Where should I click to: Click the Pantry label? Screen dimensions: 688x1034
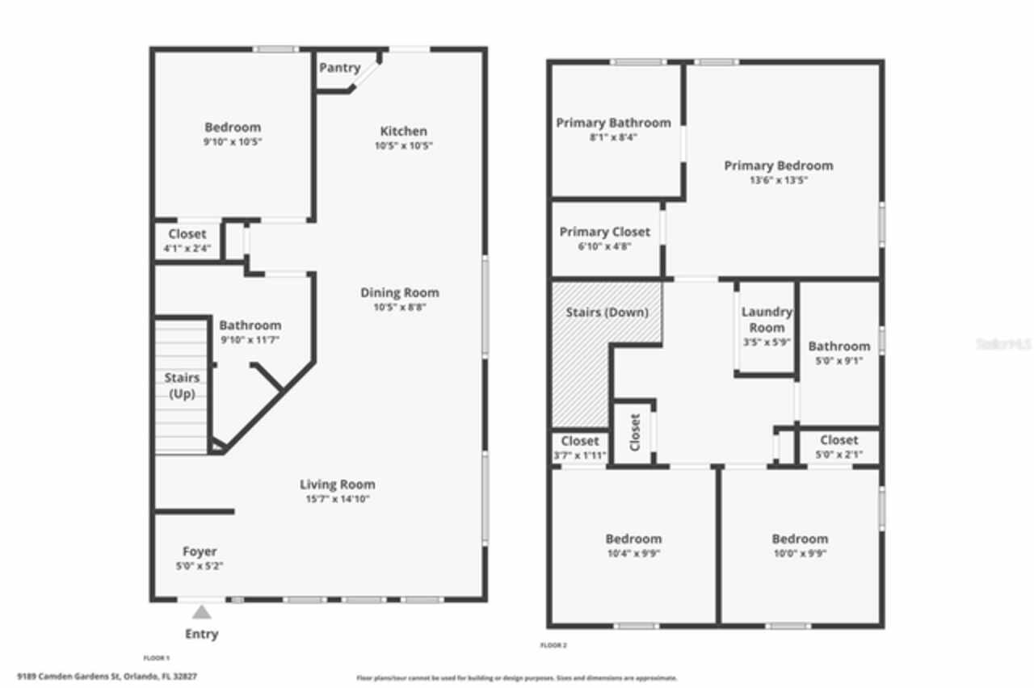click(x=339, y=68)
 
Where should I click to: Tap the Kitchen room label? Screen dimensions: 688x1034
click(x=403, y=131)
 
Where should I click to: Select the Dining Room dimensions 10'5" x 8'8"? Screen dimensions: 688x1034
click(x=399, y=308)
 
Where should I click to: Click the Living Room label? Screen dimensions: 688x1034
click(x=337, y=485)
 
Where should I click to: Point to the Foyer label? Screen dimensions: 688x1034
click(x=199, y=552)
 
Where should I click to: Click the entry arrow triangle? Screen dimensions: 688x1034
click(x=201, y=612)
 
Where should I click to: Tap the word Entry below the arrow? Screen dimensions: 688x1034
click(x=201, y=634)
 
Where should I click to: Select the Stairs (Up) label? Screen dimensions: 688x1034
click(x=182, y=385)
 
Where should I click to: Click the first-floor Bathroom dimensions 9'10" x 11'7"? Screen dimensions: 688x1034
click(x=250, y=340)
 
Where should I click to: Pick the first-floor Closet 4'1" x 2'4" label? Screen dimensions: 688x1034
click(x=187, y=234)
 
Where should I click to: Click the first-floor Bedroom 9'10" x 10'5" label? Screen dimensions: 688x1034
click(x=233, y=128)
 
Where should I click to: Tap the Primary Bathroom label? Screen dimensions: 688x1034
click(x=613, y=123)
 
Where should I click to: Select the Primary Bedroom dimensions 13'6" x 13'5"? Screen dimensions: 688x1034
click(x=778, y=180)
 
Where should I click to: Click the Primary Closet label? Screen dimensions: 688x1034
click(x=604, y=232)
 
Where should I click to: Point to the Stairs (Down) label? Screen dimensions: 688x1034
click(x=606, y=312)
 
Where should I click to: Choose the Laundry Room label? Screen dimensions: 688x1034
click(x=766, y=319)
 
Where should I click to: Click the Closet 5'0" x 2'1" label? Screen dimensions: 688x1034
click(x=839, y=440)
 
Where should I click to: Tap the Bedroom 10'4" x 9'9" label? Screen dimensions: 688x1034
click(x=633, y=539)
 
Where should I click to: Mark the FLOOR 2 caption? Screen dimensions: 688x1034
click(x=553, y=645)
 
